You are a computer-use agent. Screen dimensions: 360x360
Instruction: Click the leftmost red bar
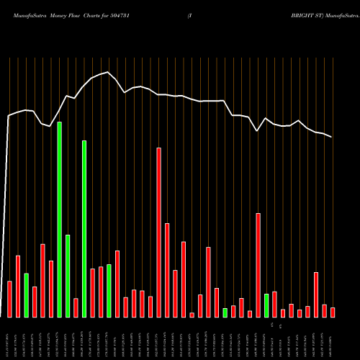click(x=9, y=299)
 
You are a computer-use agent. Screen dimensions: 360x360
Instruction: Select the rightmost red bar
click(x=333, y=312)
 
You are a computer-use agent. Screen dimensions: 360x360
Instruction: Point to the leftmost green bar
click(x=26, y=295)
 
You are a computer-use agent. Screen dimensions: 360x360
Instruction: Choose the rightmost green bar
click(x=266, y=305)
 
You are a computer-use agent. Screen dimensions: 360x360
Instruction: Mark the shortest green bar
click(x=225, y=312)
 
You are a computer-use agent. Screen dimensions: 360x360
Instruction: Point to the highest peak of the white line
click(x=108, y=72)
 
